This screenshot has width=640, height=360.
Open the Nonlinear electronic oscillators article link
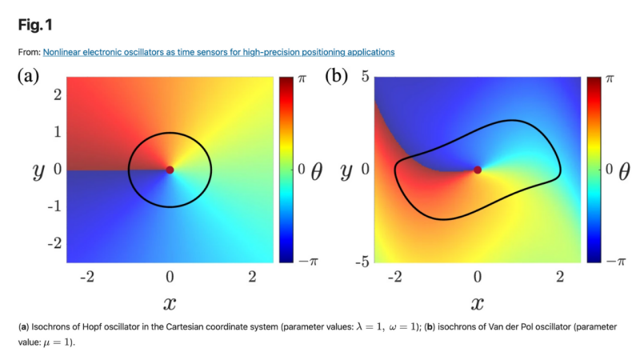tap(218, 52)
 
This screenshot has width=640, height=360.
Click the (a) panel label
tap(29, 77)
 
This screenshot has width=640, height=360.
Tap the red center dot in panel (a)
tap(170, 170)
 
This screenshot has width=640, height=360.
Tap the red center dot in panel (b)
tap(478, 170)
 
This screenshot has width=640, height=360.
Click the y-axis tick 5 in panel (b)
tap(363, 77)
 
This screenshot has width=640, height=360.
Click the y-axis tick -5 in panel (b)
tap(361, 262)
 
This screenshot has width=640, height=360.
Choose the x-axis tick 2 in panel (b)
tap(560, 277)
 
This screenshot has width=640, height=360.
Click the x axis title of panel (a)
tap(169, 303)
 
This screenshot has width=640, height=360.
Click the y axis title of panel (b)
tap(346, 170)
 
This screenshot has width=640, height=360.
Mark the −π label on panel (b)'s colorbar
tap(606, 262)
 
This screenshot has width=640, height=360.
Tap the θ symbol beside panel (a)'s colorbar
tap(316, 170)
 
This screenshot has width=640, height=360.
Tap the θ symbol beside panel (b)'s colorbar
tap(624, 170)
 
